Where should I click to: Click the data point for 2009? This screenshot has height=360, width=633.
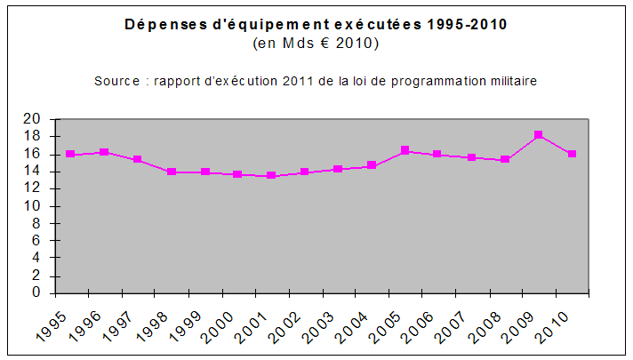tap(539, 135)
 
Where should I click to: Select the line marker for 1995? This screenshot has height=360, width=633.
tap(70, 154)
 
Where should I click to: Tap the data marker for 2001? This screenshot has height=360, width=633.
tap(271, 176)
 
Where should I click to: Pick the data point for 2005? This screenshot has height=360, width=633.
tap(405, 150)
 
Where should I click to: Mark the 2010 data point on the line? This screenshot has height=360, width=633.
tap(573, 154)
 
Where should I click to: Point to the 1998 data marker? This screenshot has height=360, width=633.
tap(171, 172)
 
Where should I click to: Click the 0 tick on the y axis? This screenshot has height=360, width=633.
tap(36, 292)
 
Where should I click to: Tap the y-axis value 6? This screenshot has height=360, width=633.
tap(36, 240)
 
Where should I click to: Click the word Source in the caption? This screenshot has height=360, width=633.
tap(116, 81)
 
